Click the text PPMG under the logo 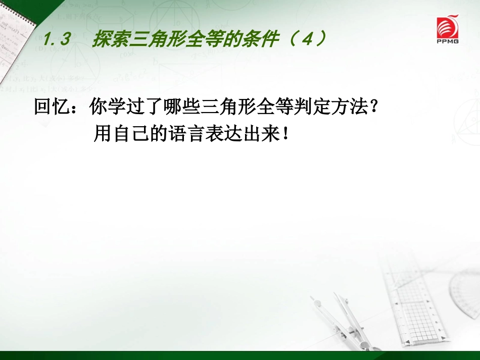[x=448, y=41]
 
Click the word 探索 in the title [x=110, y=39]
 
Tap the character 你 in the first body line [x=98, y=107]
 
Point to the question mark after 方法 [x=374, y=107]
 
